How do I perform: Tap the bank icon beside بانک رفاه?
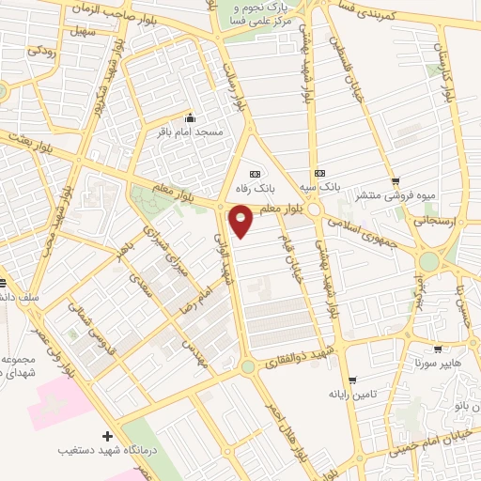(x=254, y=174)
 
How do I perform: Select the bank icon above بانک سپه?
(x=320, y=173)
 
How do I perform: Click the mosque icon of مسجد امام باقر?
(x=191, y=118)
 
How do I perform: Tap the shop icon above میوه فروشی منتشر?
(x=396, y=181)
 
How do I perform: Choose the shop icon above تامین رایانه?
(x=351, y=380)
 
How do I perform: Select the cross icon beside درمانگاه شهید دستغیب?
(x=107, y=436)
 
